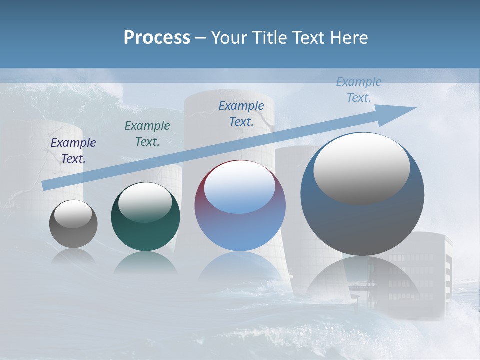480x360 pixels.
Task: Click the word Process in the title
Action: (x=157, y=38)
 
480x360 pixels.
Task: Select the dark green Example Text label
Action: (x=147, y=134)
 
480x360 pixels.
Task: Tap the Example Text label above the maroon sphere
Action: (x=241, y=114)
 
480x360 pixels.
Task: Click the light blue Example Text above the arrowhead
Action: (x=358, y=90)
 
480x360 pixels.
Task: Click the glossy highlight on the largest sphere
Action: (x=361, y=169)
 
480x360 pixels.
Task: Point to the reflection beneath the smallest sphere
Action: (x=73, y=257)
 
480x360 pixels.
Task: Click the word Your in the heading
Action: (x=229, y=38)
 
